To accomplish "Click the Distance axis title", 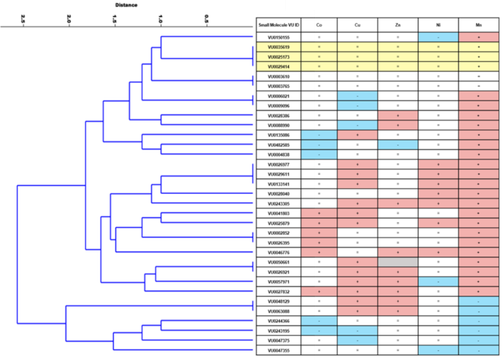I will tap(126, 5).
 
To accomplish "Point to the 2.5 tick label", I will tap(23, 19).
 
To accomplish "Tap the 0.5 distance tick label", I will tap(207, 19).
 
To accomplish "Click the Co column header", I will tap(319, 25).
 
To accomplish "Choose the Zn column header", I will tap(398, 25).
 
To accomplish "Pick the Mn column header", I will tap(478, 25).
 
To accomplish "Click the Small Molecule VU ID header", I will tap(279, 25).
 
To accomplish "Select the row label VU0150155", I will tap(279, 37).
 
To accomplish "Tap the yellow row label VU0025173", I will tap(279, 57).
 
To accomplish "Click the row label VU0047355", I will tap(279, 350).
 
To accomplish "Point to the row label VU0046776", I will tap(279, 252).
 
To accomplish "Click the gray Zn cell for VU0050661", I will tap(398, 262).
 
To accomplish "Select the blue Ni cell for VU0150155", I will tap(438, 37).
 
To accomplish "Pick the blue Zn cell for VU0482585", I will tap(398, 145).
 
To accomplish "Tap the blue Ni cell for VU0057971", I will tap(438, 281).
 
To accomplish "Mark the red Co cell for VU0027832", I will tap(319, 291).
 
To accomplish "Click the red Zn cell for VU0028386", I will tap(398, 115).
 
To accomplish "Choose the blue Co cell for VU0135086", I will tap(319, 135).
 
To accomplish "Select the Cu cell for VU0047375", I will tap(358, 340).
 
